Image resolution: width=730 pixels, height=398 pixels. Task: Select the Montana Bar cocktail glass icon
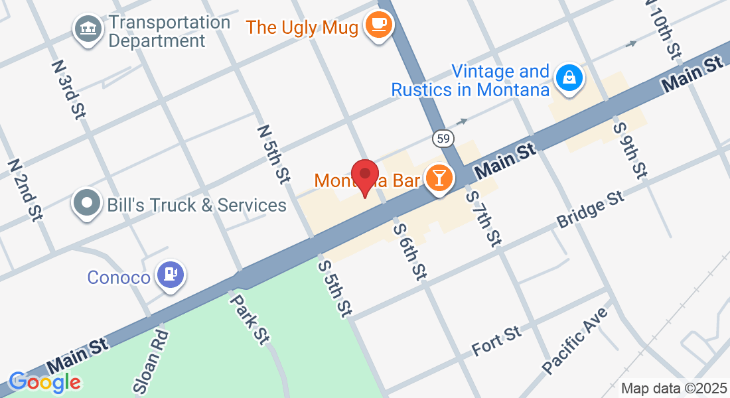pyautogui.click(x=439, y=178)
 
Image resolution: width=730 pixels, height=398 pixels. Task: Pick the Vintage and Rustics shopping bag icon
pyautogui.click(x=569, y=78)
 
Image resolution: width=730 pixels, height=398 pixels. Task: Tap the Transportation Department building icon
pyautogui.click(x=87, y=29)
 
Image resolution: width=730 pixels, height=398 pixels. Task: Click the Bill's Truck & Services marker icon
pyautogui.click(x=87, y=203)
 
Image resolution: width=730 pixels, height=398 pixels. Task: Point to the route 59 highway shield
pyautogui.click(x=443, y=139)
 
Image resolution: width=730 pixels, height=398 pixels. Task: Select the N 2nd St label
pyautogui.click(x=25, y=189)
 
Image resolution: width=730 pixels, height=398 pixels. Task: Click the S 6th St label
pyautogui.click(x=410, y=249)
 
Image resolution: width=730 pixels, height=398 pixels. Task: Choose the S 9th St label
pyautogui.click(x=630, y=150)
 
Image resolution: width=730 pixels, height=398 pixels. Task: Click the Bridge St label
pyautogui.click(x=591, y=210)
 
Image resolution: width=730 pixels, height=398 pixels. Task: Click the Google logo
pyautogui.click(x=44, y=382)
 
